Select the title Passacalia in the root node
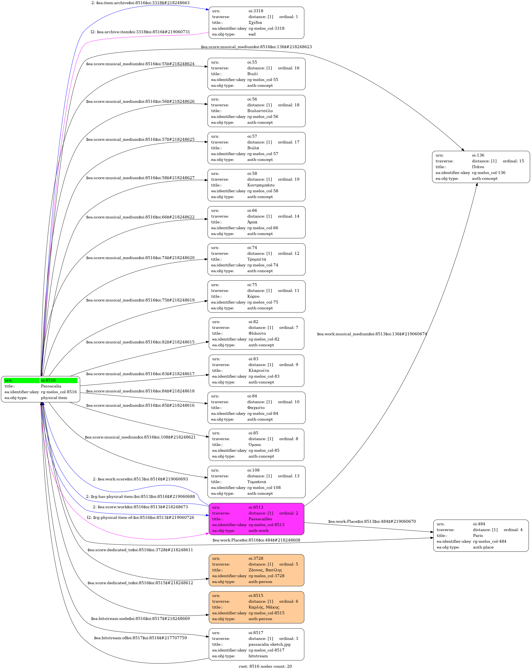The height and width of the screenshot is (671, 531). [51, 386]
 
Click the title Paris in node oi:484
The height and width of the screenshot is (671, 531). [478, 535]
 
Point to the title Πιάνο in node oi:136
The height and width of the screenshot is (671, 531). [478, 167]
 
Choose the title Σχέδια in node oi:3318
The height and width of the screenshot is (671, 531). [255, 22]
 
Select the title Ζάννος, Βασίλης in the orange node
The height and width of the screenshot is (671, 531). [265, 570]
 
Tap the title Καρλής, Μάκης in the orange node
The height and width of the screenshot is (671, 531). [264, 607]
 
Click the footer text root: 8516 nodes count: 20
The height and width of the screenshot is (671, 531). [265, 666]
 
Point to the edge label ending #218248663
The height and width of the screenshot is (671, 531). [140, 3]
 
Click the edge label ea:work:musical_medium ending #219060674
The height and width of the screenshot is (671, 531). [372, 334]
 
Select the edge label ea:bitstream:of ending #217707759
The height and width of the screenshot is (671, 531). [140, 638]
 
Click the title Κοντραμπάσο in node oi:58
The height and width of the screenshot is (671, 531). [261, 185]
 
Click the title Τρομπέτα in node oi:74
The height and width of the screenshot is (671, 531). [256, 259]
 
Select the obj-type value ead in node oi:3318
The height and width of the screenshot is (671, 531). [252, 34]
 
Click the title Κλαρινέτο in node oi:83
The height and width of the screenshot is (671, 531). [259, 370]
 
